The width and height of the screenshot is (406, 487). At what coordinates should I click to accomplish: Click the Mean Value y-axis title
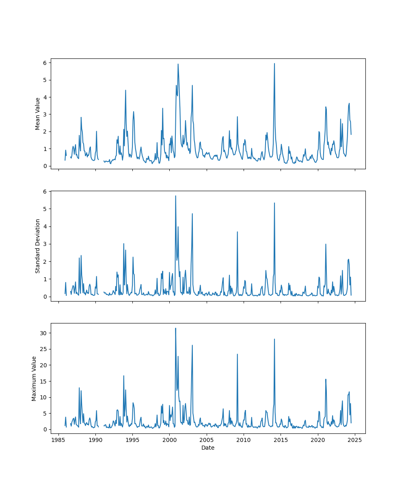pyautogui.click(x=38, y=114)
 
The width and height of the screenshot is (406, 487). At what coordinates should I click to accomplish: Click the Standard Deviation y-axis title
pyautogui.click(x=38, y=246)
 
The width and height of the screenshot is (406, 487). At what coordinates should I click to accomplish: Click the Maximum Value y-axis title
pyautogui.click(x=34, y=378)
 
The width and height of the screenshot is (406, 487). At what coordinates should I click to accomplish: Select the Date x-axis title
pyautogui.click(x=208, y=448)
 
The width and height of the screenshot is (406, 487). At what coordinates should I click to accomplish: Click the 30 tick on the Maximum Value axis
pyautogui.click(x=43, y=333)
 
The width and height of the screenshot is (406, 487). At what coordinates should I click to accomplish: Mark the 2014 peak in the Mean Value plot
pyautogui.click(x=274, y=64)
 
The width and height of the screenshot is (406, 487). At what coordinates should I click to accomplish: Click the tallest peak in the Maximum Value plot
pyautogui.click(x=175, y=328)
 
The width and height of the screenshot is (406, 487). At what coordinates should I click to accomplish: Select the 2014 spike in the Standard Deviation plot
pyautogui.click(x=274, y=203)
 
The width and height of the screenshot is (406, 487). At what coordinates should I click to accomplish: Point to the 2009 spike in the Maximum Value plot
pyautogui.click(x=238, y=354)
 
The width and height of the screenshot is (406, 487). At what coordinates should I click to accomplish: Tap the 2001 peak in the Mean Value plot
pyautogui.click(x=178, y=64)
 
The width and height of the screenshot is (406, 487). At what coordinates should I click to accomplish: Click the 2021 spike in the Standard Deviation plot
pyautogui.click(x=326, y=244)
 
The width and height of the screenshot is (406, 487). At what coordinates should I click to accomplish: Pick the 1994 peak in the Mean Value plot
pyautogui.click(x=125, y=91)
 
